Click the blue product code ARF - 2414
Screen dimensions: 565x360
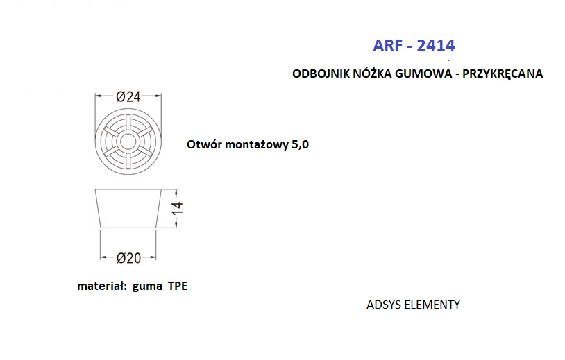[414, 46]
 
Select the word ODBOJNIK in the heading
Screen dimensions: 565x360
[321, 74]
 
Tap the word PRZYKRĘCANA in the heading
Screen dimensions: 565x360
[503, 74]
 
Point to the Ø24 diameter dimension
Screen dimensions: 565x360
[128, 96]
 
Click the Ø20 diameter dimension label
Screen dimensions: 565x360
[128, 258]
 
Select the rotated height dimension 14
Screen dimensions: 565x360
[177, 208]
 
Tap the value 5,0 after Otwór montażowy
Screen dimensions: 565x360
[300, 145]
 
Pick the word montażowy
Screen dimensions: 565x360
[255, 145]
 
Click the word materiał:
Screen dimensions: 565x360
[102, 286]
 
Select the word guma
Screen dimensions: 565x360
[147, 287]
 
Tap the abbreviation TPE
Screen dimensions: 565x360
[178, 286]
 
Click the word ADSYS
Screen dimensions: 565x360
[384, 305]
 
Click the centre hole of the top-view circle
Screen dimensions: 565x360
[128, 142]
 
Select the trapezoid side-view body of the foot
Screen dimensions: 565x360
[128, 208]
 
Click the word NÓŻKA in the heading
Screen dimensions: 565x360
[372, 73]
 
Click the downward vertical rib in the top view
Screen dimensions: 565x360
[128, 160]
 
